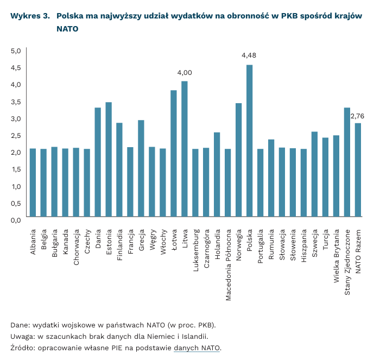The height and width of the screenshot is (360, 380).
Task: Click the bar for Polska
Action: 250,141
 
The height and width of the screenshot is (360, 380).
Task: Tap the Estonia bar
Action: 109,160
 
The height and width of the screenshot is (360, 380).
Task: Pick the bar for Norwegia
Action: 239,161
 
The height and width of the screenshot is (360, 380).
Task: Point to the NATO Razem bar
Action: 358,170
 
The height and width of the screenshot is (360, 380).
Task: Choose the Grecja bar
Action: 141,169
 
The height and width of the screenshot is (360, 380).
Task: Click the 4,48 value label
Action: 249,55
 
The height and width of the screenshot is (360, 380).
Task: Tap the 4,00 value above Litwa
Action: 185,72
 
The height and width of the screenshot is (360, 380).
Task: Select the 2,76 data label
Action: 357,116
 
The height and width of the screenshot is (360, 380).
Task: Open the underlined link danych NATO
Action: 197,348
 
